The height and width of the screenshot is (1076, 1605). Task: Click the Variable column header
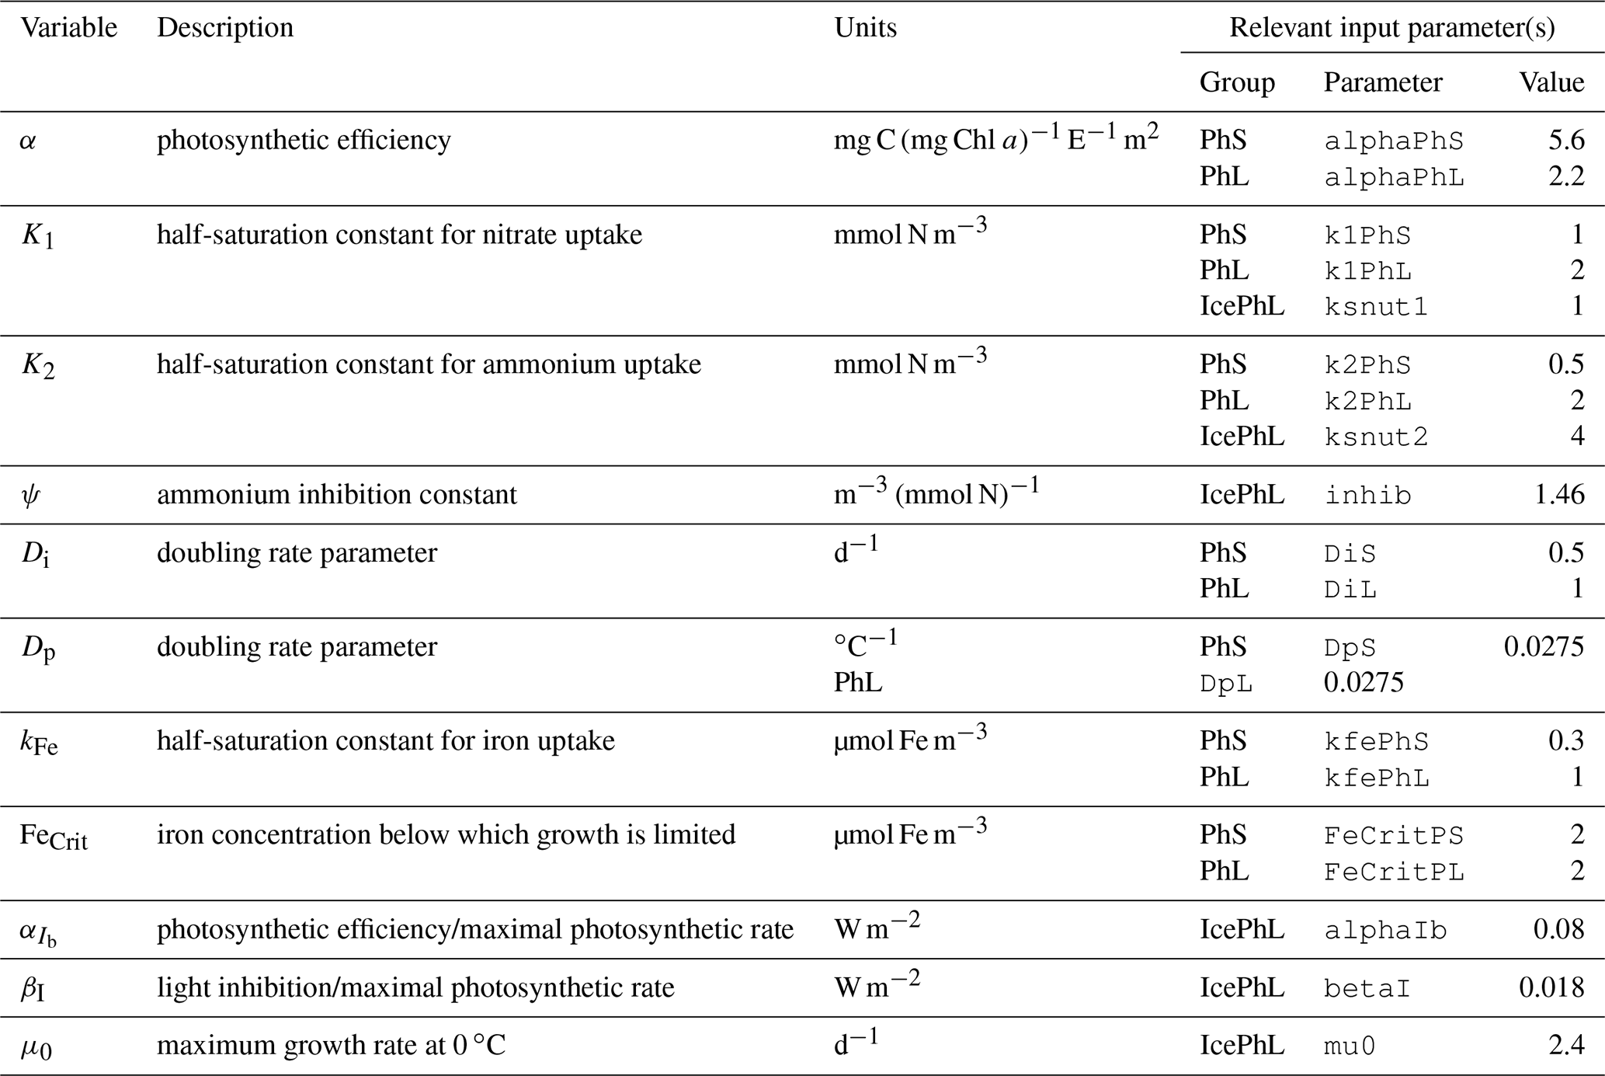(68, 28)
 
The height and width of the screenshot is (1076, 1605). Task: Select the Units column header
(865, 28)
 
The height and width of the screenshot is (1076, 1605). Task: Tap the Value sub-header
(1551, 82)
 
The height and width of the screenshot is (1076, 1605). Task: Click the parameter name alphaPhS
(1393, 141)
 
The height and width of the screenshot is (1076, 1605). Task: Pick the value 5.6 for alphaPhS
(1565, 140)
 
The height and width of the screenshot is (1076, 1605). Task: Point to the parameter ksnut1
(1375, 308)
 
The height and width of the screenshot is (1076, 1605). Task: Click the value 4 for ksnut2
(1576, 436)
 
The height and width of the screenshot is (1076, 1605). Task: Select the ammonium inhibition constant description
(336, 495)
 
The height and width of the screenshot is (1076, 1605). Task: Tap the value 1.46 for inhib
(1558, 495)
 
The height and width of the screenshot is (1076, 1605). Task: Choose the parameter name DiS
(1350, 554)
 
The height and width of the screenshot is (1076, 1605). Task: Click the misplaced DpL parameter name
(1226, 684)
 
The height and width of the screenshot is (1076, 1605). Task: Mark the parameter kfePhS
(1376, 742)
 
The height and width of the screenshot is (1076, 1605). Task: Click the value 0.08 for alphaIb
(1558, 930)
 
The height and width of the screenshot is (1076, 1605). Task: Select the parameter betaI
(1367, 989)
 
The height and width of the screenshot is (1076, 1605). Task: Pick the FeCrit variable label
(54, 837)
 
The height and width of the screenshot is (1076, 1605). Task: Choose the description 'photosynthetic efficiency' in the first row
(304, 141)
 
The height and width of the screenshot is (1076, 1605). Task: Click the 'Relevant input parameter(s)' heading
(1391, 28)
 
